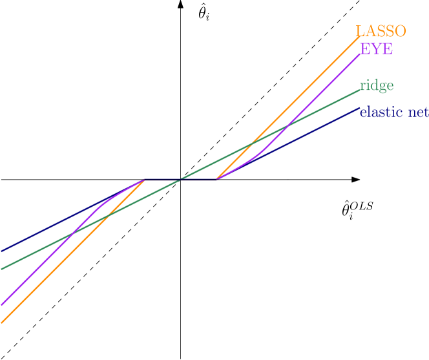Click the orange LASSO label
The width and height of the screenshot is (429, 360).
[x=381, y=31]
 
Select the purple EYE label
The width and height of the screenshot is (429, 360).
[x=376, y=49]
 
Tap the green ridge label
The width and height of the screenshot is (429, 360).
[x=376, y=86]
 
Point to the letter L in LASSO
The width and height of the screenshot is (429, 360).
[x=360, y=31]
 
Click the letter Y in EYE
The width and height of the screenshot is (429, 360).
[x=376, y=49]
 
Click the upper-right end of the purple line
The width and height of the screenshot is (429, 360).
[x=359, y=54]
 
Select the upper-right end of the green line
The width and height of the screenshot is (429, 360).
[x=359, y=90]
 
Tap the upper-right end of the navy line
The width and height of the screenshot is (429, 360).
[x=359, y=108]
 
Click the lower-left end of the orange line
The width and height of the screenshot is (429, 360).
[x=1, y=322]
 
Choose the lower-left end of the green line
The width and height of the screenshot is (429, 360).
[x=1, y=268]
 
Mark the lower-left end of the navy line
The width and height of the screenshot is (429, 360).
[x=1, y=251]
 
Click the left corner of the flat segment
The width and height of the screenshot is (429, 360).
[x=144, y=180]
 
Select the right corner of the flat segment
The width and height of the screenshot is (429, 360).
[x=216, y=180]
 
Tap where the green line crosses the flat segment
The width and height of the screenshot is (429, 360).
[x=180, y=180]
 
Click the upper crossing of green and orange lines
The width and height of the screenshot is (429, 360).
[x=253, y=143]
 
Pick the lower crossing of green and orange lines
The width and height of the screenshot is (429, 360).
[x=107, y=216]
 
